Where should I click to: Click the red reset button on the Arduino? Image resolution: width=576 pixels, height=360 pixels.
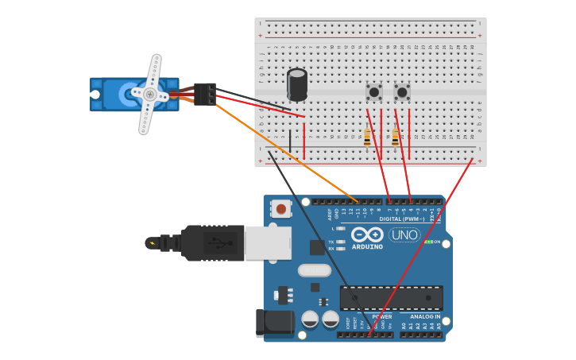pyautogui.click(x=280, y=209)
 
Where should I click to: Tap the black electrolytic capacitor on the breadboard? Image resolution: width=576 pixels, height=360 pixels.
pyautogui.click(x=297, y=85)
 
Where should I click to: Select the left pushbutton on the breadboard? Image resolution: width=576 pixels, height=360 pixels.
pyautogui.click(x=373, y=92)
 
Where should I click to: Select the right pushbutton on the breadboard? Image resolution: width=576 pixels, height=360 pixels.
pyautogui.click(x=402, y=92)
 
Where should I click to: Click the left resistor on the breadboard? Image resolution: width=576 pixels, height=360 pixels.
pyautogui.click(x=367, y=138)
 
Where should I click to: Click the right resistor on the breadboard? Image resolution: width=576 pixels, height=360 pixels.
pyautogui.click(x=395, y=138)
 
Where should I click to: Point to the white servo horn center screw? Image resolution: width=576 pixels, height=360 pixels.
pyautogui.click(x=149, y=94)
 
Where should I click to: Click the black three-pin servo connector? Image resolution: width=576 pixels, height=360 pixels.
pyautogui.click(x=204, y=94)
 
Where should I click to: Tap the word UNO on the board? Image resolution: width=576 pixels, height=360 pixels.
pyautogui.click(x=404, y=235)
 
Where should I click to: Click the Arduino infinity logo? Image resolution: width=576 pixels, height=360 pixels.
pyautogui.click(x=367, y=235)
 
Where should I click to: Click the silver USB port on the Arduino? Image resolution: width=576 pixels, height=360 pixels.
pyautogui.click(x=268, y=243)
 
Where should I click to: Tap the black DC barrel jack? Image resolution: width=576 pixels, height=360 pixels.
pyautogui.click(x=275, y=323)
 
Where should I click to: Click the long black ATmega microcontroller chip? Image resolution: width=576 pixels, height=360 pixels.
pyautogui.click(x=391, y=298)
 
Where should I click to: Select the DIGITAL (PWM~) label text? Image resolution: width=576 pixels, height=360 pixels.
pyautogui.click(x=400, y=219)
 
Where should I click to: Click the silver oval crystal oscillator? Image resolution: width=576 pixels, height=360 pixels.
pyautogui.click(x=314, y=270)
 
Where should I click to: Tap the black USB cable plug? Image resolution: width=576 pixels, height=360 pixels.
pyautogui.click(x=211, y=243)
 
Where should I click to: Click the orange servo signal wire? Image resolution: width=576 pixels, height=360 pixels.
pyautogui.click(x=286, y=152)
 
